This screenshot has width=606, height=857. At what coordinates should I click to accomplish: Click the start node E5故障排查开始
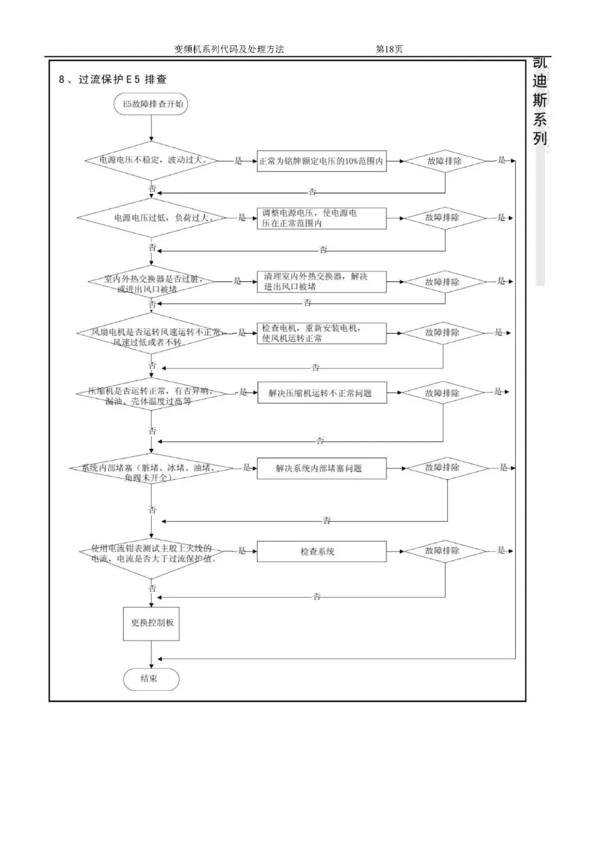pos(151,104)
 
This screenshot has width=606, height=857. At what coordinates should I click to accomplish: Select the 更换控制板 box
pos(151,623)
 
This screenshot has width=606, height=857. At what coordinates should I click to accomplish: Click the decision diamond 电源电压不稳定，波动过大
pos(151,160)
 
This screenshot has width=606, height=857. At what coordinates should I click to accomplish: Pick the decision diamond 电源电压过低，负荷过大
pos(151,218)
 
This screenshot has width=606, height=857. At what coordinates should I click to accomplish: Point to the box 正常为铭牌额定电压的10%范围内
pos(322,161)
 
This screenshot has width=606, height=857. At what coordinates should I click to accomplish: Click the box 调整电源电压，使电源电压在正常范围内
pos(322,218)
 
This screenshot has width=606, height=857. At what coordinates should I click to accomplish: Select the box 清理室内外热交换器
pos(322,282)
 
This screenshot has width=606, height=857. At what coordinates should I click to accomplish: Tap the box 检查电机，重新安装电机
pos(322,333)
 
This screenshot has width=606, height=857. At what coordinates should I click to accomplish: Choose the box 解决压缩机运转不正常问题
pos(322,393)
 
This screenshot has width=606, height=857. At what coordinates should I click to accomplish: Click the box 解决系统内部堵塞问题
pos(322,469)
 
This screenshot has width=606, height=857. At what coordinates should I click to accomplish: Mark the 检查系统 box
pos(322,552)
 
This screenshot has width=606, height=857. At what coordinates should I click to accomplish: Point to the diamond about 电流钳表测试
pos(151,552)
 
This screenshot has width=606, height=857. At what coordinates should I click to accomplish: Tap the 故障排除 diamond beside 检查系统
pos(445,551)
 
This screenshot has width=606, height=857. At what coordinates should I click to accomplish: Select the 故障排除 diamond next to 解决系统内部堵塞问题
pos(445,468)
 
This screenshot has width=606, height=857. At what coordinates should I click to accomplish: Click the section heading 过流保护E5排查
pos(113,80)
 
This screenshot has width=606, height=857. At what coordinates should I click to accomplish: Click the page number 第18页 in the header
pos(389,49)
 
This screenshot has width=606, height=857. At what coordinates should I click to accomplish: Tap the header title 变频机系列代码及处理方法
pos(229,49)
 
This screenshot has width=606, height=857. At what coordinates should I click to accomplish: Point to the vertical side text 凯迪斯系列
pos(540,101)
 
